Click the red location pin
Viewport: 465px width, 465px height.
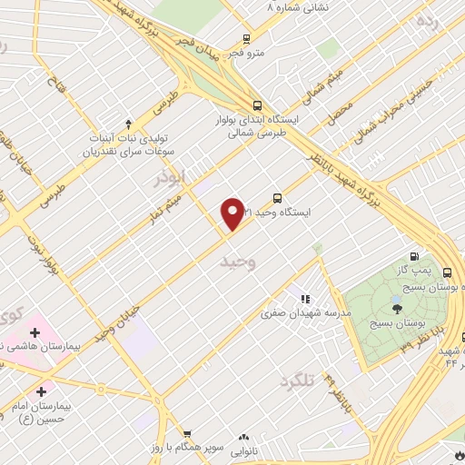click(232, 213)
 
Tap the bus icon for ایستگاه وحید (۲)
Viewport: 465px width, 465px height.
click(277, 197)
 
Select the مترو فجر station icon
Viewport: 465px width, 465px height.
click(246, 39)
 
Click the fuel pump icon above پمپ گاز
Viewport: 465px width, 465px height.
click(415, 257)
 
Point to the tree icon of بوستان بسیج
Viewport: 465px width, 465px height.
click(397, 310)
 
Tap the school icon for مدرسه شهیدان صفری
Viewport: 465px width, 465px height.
click(305, 298)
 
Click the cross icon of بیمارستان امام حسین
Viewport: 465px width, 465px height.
click(42, 391)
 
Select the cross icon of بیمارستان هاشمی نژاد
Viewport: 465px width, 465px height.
click(34, 333)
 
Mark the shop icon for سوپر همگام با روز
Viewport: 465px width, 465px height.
click(186, 434)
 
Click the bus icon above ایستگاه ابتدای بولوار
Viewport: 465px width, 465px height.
click(257, 104)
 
